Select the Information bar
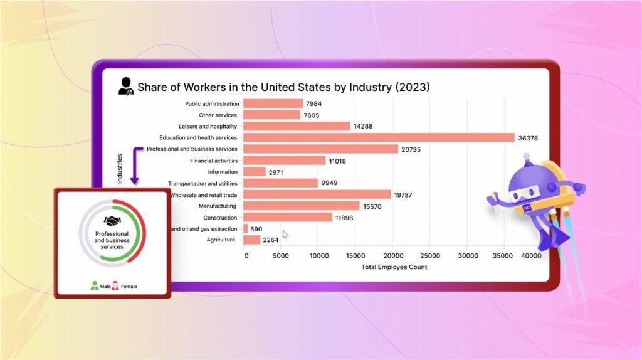[x=255, y=171]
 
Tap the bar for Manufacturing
[x=302, y=206]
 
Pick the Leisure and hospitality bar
[x=297, y=126]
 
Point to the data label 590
[x=256, y=229]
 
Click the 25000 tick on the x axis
[x=429, y=256]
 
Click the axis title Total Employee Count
[x=394, y=267]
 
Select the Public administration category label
[x=212, y=103]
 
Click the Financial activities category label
[x=214, y=161]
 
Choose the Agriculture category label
[x=221, y=240]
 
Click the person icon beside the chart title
[x=126, y=87]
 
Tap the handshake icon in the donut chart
[x=112, y=221]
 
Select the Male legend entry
[x=100, y=286]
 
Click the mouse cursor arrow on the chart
[x=285, y=234]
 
